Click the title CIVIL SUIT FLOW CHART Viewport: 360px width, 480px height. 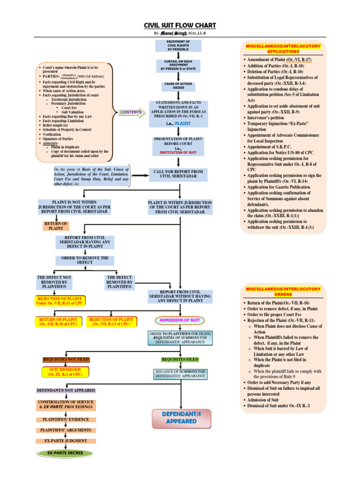(180, 26)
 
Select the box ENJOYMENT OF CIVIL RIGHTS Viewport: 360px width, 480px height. (178, 45)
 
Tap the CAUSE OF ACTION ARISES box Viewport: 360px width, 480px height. (178, 86)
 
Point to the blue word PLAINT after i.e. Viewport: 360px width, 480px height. (182, 123)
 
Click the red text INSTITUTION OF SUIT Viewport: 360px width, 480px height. (178, 152)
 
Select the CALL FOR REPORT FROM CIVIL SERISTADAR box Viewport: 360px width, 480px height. (178, 174)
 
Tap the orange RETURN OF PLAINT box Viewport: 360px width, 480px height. (56, 226)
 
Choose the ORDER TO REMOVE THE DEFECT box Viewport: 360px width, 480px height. (85, 260)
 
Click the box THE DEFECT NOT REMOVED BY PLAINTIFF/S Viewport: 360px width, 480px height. (54, 283)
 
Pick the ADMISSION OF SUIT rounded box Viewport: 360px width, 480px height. (180, 320)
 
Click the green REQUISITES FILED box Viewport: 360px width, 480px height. (180, 360)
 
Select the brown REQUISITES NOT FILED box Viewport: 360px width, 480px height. (66, 360)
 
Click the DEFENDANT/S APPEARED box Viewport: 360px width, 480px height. (181, 418)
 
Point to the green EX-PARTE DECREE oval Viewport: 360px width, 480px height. (66, 453)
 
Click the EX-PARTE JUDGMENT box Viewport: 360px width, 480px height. (66, 441)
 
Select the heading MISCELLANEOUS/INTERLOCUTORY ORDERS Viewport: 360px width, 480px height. (282, 292)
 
